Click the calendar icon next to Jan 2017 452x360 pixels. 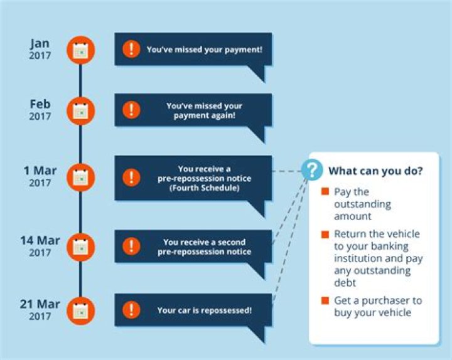pyautogui.click(x=80, y=50)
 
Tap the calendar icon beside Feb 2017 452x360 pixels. pyautogui.click(x=80, y=111)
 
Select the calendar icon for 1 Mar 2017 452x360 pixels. pyautogui.click(x=80, y=177)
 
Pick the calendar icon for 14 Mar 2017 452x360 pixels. pyautogui.click(x=80, y=246)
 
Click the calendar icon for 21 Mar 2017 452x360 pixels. pyautogui.click(x=80, y=310)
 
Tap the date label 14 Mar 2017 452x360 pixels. pyautogui.click(x=40, y=246)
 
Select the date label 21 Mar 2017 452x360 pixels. pyautogui.click(x=40, y=309)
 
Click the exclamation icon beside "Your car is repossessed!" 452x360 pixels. pyautogui.click(x=131, y=310)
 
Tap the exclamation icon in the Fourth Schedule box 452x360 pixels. pyautogui.click(x=131, y=177)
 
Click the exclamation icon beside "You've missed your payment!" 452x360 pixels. pyautogui.click(x=131, y=49)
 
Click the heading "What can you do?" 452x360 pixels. pyautogui.click(x=375, y=171)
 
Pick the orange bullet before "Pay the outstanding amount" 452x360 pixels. pyautogui.click(x=325, y=192)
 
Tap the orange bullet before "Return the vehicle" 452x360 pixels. pyautogui.click(x=325, y=235)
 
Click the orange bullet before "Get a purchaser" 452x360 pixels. pyautogui.click(x=325, y=301)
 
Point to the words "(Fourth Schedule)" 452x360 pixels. pyautogui.click(x=204, y=188)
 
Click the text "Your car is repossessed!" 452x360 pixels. pyautogui.click(x=204, y=310)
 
